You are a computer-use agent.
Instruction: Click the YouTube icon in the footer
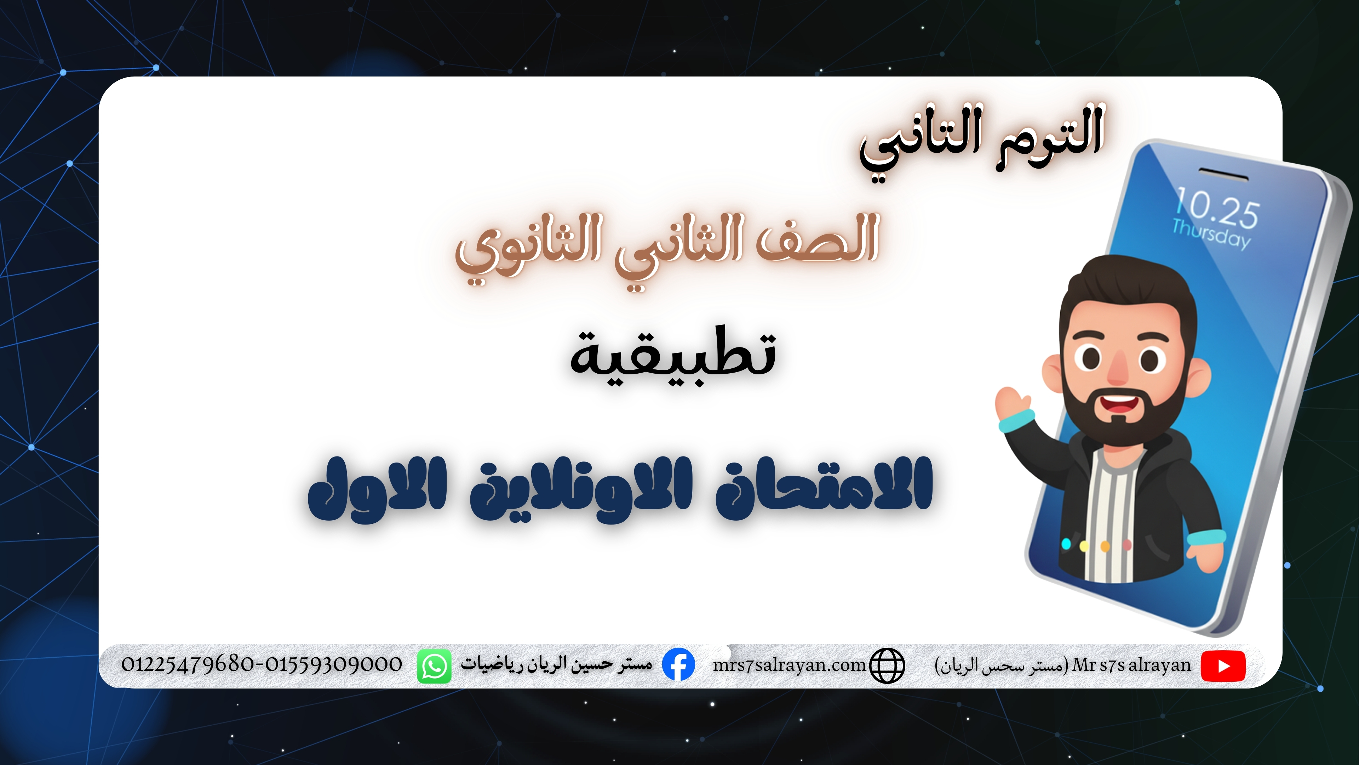(x=1222, y=666)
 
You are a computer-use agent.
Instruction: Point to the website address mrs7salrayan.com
(x=789, y=665)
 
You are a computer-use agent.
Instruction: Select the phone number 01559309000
(x=333, y=664)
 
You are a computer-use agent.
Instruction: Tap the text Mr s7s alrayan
(x=1132, y=665)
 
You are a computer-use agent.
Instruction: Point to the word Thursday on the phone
(x=1211, y=233)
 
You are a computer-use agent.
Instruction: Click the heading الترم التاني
(x=981, y=140)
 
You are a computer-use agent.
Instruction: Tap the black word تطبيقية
(x=673, y=356)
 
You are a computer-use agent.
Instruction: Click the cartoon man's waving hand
(x=1012, y=404)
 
